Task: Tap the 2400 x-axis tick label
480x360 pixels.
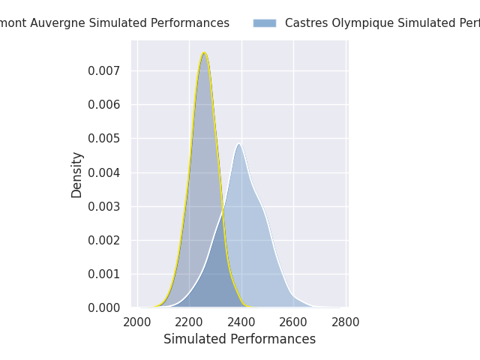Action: click(x=241, y=322)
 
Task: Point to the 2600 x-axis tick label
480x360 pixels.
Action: click(x=293, y=322)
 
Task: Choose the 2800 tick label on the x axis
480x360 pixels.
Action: click(x=346, y=322)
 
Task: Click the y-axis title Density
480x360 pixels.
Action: click(x=77, y=174)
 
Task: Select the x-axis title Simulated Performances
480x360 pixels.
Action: click(x=239, y=339)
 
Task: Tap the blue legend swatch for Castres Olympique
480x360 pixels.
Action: click(x=264, y=23)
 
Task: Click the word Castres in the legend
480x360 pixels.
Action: click(x=304, y=23)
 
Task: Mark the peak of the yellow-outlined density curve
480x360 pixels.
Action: click(x=204, y=52)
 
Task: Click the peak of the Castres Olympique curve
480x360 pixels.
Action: click(x=238, y=144)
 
